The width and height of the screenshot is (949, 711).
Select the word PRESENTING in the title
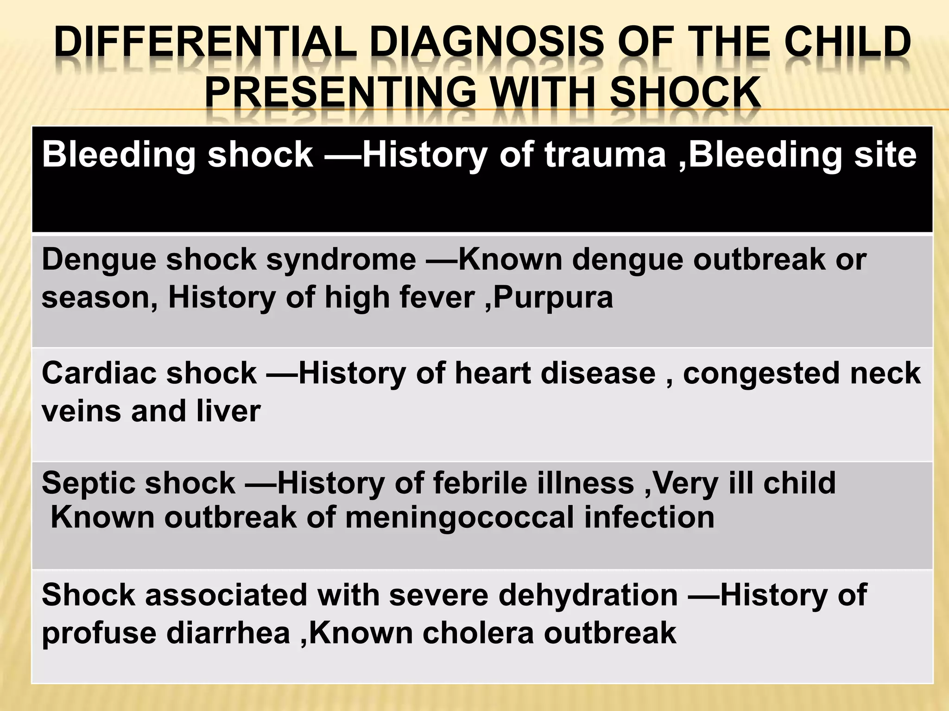[340, 92]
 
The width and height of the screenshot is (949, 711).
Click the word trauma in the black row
[605, 154]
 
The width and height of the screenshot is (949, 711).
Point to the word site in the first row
[884, 154]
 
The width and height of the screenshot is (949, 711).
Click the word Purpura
[553, 297]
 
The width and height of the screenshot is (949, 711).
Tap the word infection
[649, 517]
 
